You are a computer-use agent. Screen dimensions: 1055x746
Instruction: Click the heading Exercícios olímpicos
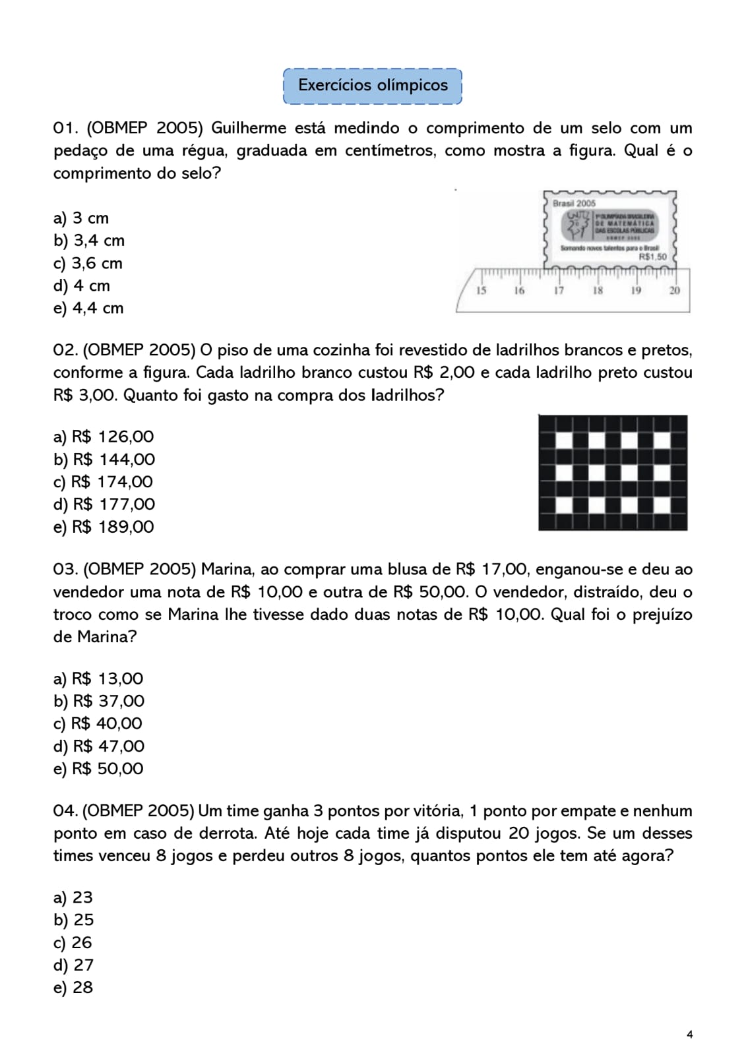pyautogui.click(x=373, y=86)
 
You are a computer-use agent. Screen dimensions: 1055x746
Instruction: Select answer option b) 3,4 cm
pyautogui.click(x=89, y=241)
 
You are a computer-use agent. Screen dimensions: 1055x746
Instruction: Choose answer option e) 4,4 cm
pyautogui.click(x=88, y=308)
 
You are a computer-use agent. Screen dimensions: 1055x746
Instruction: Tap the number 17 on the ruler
pyautogui.click(x=559, y=291)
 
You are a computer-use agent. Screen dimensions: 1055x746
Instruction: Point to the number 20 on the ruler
pyautogui.click(x=675, y=291)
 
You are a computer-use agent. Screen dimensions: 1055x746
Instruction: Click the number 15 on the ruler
pyautogui.click(x=481, y=291)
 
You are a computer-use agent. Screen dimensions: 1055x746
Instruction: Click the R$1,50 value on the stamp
pyautogui.click(x=653, y=257)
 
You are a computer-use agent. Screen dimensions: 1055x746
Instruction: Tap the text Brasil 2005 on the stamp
pyautogui.click(x=574, y=204)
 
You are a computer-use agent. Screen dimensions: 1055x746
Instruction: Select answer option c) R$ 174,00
pyautogui.click(x=103, y=482)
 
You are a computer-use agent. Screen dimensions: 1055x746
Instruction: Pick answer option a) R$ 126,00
pyautogui.click(x=104, y=437)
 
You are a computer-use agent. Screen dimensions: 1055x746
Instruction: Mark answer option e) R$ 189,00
pyautogui.click(x=104, y=527)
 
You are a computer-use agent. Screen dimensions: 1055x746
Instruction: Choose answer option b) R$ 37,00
pyautogui.click(x=99, y=701)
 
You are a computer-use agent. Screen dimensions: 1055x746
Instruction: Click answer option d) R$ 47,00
pyautogui.click(x=99, y=746)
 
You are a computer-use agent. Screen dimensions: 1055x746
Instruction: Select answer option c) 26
pyautogui.click(x=73, y=942)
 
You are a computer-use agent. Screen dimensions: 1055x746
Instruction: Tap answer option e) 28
pyautogui.click(x=73, y=987)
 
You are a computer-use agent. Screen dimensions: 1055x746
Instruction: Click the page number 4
pyautogui.click(x=689, y=1035)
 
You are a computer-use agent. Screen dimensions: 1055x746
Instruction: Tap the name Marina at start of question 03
pyautogui.click(x=228, y=569)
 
